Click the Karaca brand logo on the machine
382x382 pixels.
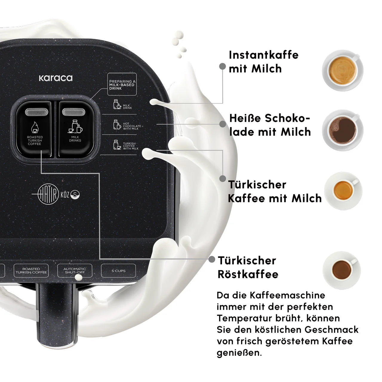(x=56, y=78)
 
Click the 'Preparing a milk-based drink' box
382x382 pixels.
(x=122, y=84)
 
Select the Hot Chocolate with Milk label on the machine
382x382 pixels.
(x=132, y=126)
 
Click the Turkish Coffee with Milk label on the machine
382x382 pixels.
(x=131, y=146)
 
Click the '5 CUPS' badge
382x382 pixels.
(x=118, y=271)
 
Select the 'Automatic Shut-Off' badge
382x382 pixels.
(x=75, y=271)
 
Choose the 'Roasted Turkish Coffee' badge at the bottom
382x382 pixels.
(x=31, y=271)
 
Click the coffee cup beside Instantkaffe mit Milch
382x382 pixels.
(x=343, y=70)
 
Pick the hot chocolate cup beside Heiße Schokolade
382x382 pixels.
(x=343, y=130)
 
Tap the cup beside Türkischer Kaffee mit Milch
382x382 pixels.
(x=343, y=191)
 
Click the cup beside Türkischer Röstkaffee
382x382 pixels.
(x=342, y=270)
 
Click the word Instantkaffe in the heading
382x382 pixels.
(x=264, y=55)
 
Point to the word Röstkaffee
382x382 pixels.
(x=248, y=274)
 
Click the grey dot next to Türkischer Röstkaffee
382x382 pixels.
(x=212, y=259)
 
